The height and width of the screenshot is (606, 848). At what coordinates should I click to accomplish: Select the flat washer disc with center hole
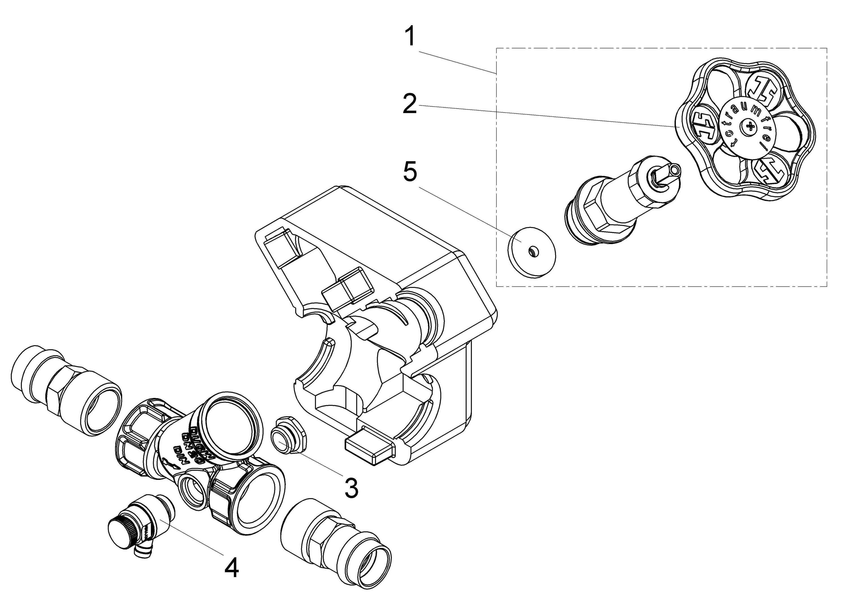(532, 252)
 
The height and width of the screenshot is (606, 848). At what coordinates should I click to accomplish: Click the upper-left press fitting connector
(65, 391)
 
